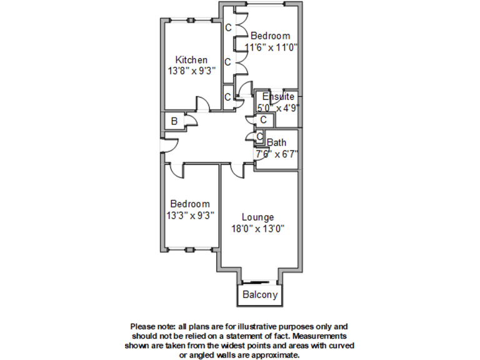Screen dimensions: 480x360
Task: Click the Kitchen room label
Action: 191,60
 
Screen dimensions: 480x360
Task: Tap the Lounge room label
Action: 257,217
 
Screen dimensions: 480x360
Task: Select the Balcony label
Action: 260,295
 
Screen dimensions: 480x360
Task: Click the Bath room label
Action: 276,142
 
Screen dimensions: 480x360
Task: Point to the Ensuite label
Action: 278,96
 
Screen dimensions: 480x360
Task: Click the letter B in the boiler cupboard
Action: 174,121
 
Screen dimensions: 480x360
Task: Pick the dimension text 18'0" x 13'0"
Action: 257,229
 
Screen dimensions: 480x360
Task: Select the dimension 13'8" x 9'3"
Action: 192,71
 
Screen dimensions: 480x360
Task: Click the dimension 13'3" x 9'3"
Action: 190,216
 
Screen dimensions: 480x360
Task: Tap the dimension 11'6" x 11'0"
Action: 271,47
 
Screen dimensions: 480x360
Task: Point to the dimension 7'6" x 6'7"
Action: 276,154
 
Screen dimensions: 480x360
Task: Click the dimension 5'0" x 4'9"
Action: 278,108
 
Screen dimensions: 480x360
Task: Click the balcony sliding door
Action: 259,281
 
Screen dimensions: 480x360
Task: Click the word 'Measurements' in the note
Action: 319,336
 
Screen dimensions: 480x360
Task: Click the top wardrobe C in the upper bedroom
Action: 228,28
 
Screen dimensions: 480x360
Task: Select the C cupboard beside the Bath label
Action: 259,136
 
